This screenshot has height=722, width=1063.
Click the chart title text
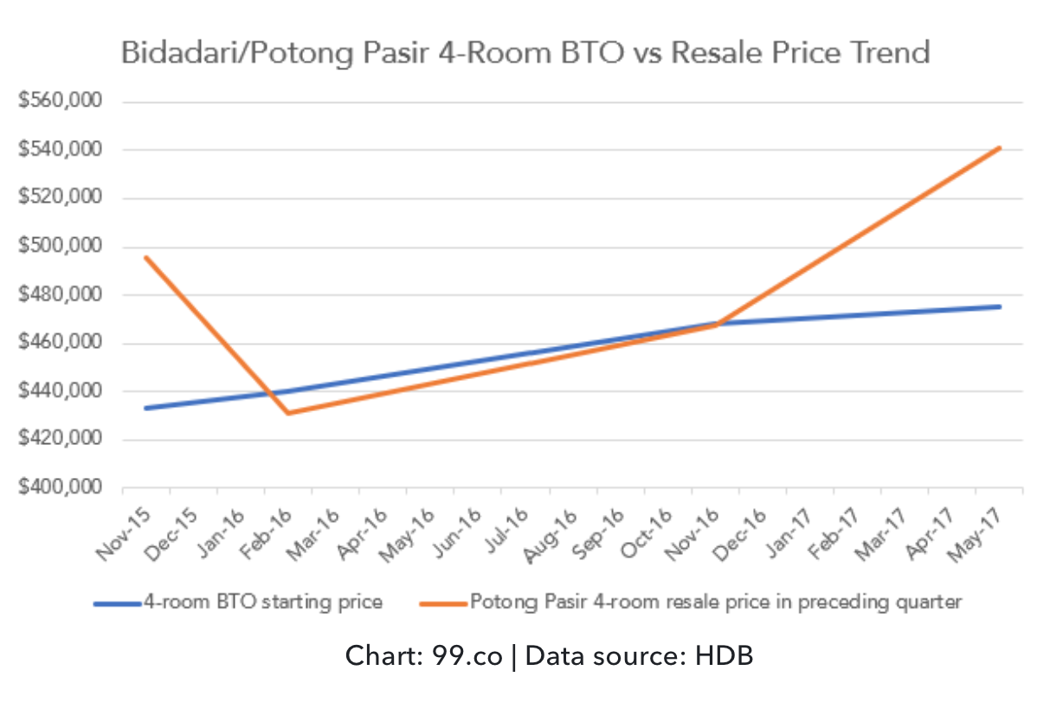(525, 53)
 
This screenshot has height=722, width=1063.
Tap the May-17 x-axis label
(978, 534)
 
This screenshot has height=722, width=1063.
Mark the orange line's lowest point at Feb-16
(287, 413)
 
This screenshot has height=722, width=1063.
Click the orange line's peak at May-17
(1000, 148)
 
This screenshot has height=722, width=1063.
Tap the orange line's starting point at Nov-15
(145, 257)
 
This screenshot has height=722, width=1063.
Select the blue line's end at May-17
(1000, 306)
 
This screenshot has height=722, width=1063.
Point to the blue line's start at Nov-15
(145, 408)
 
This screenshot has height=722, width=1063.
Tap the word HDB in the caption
(724, 656)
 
